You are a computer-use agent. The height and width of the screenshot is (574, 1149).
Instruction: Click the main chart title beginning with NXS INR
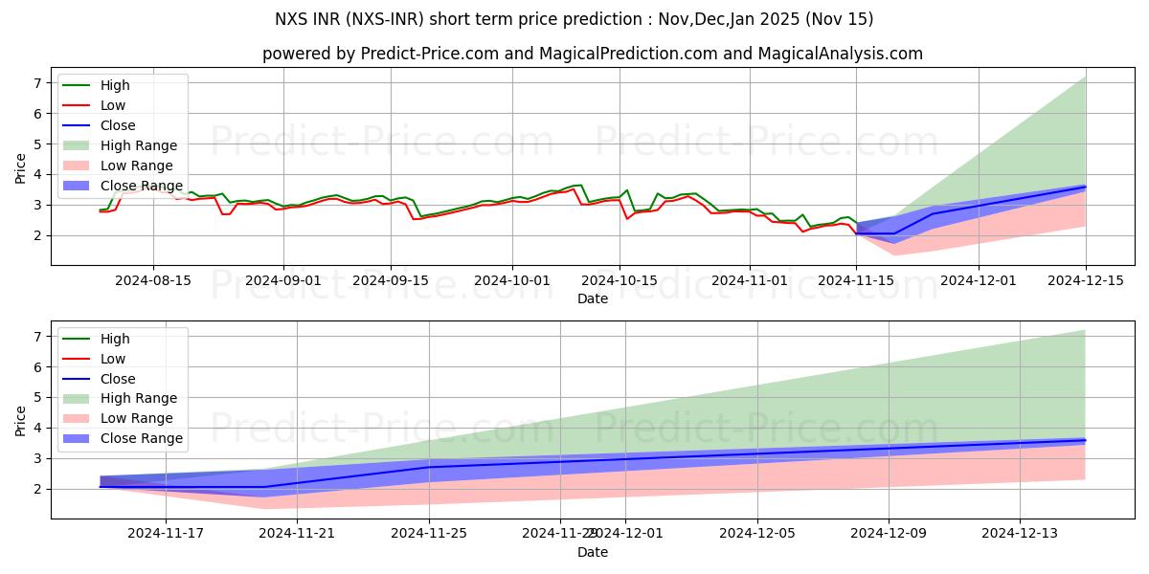click(x=574, y=19)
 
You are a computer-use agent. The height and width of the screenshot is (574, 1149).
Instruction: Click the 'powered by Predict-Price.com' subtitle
click(x=593, y=54)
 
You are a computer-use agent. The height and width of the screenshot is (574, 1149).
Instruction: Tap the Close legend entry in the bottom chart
click(x=118, y=378)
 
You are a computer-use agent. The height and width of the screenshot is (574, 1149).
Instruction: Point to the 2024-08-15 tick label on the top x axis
click(x=153, y=281)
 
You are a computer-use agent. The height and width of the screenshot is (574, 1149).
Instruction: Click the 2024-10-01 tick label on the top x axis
click(x=512, y=281)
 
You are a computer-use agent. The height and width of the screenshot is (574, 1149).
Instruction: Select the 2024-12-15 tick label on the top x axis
click(x=1086, y=281)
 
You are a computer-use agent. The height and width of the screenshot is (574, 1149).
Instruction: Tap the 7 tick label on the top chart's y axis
click(x=37, y=83)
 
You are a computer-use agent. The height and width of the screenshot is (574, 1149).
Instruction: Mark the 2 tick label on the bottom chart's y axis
click(x=37, y=489)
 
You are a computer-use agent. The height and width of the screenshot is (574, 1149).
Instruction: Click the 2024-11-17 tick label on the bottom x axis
click(x=166, y=534)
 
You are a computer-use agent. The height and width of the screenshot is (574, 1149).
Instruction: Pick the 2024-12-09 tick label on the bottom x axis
click(x=889, y=534)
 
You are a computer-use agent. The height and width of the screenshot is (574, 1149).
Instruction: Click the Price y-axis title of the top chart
click(x=20, y=167)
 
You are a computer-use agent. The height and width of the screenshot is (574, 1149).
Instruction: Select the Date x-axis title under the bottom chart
click(x=593, y=552)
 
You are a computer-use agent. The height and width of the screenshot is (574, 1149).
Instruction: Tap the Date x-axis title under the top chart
click(x=593, y=298)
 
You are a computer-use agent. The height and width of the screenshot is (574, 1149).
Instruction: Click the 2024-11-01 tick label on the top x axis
click(x=749, y=281)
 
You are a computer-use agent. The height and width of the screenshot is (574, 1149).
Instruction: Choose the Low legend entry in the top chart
click(x=113, y=105)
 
